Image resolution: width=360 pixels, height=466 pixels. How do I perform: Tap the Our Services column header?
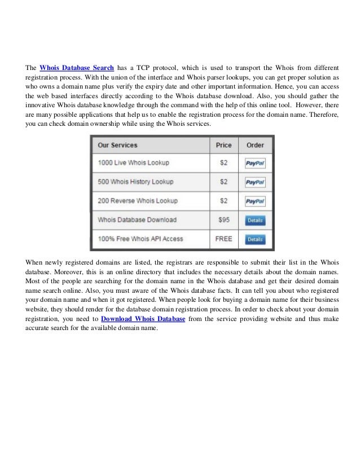117,145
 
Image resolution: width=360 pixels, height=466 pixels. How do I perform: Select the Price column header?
223,145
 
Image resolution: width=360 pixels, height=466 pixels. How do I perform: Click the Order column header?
255,145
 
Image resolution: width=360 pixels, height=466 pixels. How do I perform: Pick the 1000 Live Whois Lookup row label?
133,163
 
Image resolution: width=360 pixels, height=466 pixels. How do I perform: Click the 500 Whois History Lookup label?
135,182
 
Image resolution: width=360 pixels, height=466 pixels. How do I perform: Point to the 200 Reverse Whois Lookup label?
137,201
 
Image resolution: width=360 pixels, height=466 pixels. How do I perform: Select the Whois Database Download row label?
137,219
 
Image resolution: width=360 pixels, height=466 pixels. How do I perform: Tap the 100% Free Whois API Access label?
140,239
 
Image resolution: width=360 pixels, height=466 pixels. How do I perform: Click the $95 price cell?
223,219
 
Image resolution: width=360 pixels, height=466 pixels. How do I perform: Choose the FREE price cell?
223,239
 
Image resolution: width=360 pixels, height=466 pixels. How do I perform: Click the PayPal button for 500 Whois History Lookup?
255,182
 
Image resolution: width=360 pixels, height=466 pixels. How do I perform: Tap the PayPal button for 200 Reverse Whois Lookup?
255,201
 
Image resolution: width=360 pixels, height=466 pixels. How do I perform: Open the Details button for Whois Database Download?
255,221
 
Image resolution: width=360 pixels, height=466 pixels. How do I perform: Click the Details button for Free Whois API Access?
255,239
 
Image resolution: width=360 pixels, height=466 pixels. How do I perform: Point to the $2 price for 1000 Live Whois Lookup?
223,163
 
